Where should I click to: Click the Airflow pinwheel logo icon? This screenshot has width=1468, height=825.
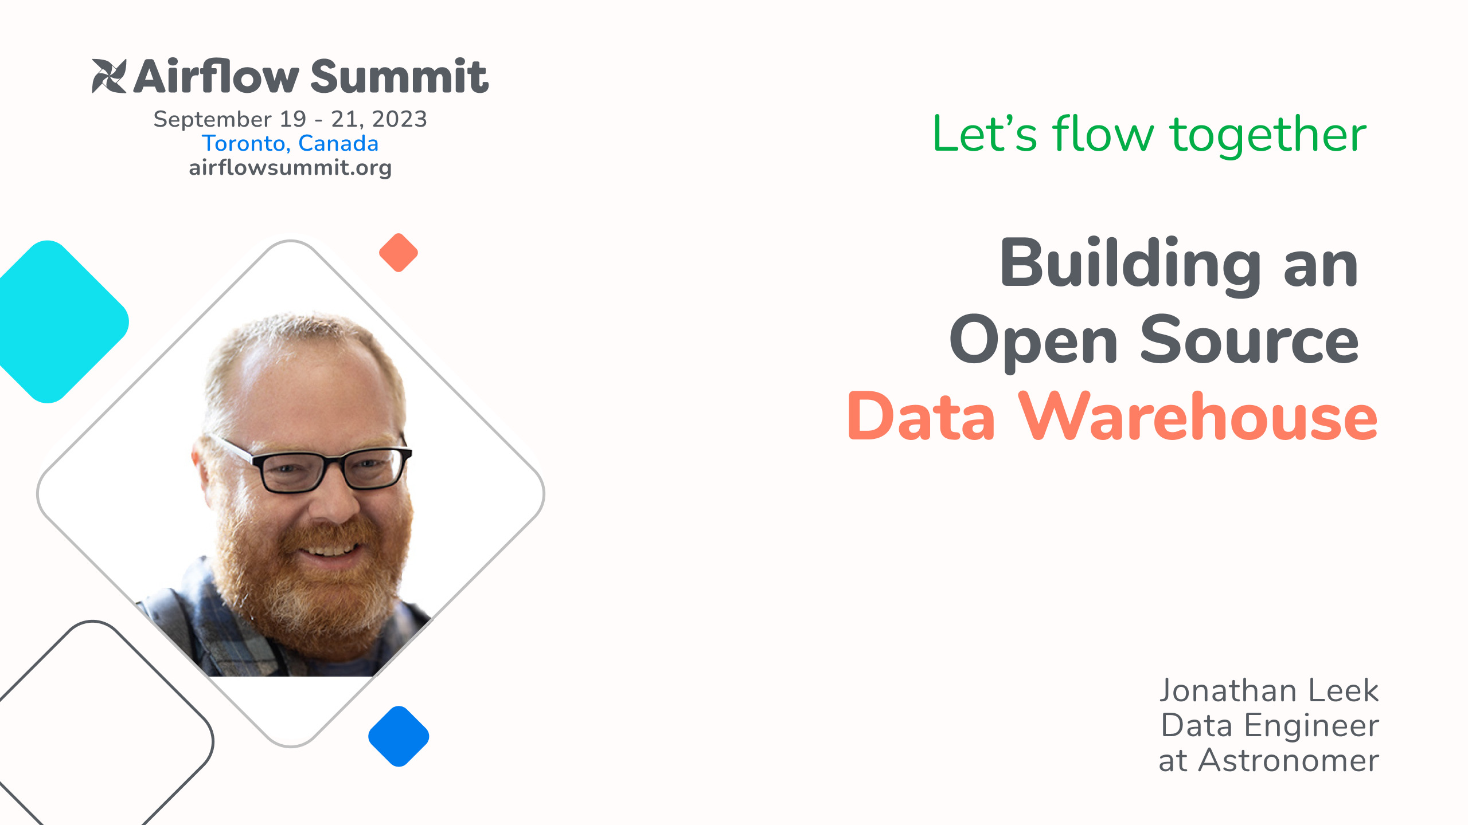coord(109,76)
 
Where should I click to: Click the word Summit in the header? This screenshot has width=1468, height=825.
coord(399,77)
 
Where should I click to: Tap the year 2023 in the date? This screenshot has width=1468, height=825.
coord(399,119)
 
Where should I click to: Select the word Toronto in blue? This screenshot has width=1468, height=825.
coord(243,143)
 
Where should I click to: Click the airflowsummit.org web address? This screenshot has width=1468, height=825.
coord(290,168)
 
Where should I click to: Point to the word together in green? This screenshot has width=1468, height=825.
coord(1268,135)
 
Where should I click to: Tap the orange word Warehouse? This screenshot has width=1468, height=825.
coord(1197,417)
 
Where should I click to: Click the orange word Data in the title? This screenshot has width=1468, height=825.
coord(921,417)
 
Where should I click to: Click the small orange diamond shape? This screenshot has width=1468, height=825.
coord(399,253)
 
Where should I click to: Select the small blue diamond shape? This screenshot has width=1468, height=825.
coord(399,736)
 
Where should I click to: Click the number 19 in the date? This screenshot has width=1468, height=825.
coord(292,119)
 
